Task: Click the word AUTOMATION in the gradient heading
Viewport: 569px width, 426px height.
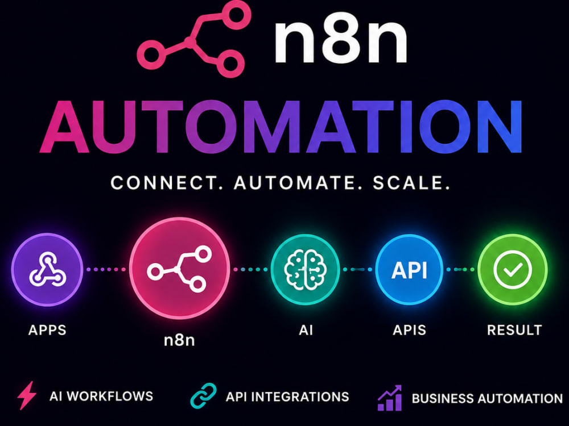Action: coord(281,126)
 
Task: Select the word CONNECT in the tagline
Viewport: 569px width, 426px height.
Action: coord(164,182)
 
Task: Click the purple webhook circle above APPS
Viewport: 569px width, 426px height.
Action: coord(47,269)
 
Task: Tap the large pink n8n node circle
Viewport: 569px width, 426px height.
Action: coord(180,269)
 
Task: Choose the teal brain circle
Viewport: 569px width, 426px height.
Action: coord(305,269)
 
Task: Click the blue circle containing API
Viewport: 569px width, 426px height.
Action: coord(409,269)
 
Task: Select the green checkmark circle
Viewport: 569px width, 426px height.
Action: coord(513,269)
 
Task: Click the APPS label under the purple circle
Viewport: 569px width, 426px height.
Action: coord(47,330)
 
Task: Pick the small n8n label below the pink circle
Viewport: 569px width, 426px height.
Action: coord(179,340)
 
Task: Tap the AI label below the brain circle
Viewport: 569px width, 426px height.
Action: coord(306,330)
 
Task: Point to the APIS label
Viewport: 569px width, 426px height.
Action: coord(409,330)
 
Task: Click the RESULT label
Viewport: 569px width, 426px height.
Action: coord(514,330)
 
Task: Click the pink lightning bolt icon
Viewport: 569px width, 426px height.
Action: coord(27,395)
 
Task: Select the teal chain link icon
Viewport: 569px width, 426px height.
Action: coord(203,396)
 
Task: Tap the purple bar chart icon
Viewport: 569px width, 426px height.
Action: coord(390,398)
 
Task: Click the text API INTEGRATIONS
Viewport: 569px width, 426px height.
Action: coord(287,397)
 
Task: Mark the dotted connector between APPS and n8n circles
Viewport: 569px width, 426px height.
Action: coord(106,269)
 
